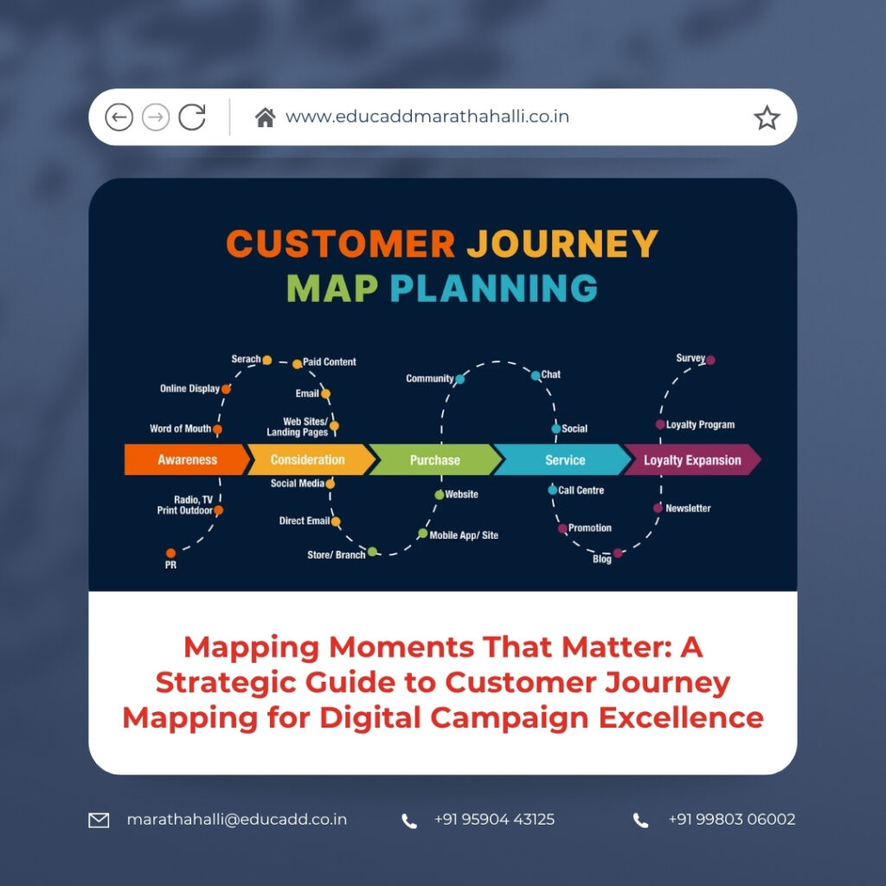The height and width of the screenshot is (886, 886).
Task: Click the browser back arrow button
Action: coord(119,117)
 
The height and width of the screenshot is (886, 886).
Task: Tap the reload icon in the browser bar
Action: coord(192,117)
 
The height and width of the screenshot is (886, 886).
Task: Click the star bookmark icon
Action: coord(767,118)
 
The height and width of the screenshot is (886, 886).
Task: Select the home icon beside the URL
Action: coord(265,118)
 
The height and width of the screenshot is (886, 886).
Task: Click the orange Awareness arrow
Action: coord(185,460)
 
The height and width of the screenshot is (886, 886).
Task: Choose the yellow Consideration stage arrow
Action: coord(308,460)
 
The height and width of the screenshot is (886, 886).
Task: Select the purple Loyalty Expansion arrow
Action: coord(691,460)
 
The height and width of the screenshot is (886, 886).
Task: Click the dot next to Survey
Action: coord(710,360)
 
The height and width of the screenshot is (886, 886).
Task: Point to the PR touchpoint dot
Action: coord(171,553)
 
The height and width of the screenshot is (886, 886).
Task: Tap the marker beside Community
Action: coord(459,379)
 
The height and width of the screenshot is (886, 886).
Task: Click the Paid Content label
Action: coord(329,362)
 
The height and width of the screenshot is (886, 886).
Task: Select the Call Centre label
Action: coord(581,491)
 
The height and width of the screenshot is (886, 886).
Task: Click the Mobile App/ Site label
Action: coord(464,536)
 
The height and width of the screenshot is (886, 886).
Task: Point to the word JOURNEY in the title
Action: coord(562,244)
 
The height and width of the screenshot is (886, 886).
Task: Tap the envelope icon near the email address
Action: coord(100,819)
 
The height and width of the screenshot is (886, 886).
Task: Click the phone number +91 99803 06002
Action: coord(731,819)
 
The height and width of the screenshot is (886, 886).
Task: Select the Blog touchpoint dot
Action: coord(618,553)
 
